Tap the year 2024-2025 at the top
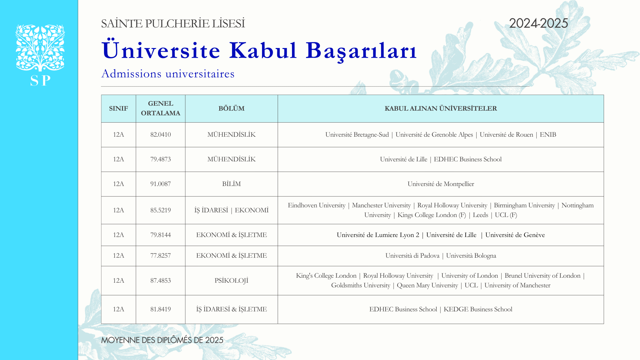(538, 23)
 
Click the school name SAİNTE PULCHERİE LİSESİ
(173, 24)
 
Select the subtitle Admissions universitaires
(168, 74)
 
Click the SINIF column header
(118, 109)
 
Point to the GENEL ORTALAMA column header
(160, 109)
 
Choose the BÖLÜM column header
(231, 109)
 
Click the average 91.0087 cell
(160, 184)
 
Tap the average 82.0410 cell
(160, 135)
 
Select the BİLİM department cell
(231, 184)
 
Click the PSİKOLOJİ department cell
(231, 281)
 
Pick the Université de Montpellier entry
(441, 184)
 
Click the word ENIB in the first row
(548, 135)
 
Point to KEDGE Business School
(478, 309)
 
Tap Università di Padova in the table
(412, 256)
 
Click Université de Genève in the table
(515, 235)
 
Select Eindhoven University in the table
(316, 205)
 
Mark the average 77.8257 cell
(160, 256)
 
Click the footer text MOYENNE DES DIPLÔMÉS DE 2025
(162, 340)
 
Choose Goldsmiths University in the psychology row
(360, 285)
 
